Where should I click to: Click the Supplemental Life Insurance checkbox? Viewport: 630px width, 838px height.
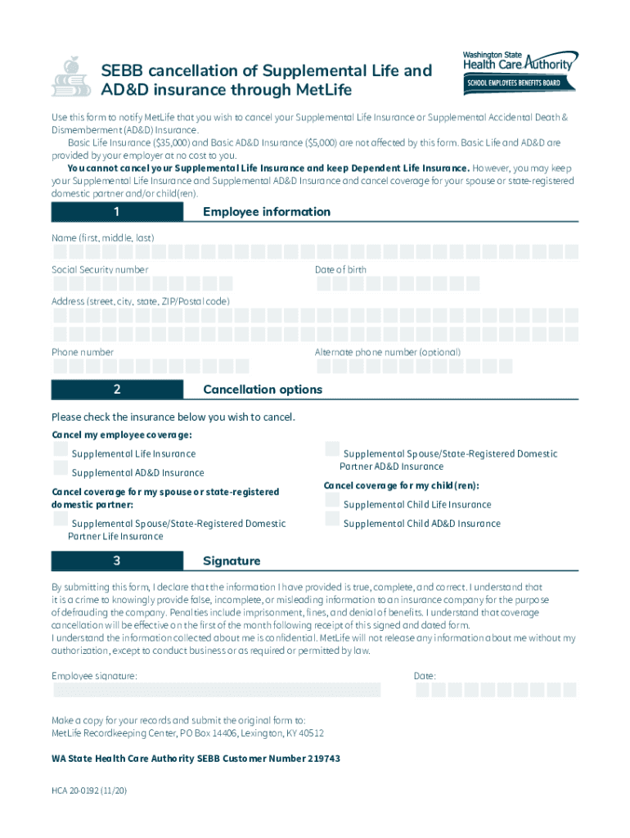point(61,450)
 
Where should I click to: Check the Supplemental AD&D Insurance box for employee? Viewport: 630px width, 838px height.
point(61,469)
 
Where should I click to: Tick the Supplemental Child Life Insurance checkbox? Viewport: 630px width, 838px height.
point(332,501)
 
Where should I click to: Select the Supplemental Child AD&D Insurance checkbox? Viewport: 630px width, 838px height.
point(332,520)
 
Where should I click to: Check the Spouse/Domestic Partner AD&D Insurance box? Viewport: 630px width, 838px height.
point(332,449)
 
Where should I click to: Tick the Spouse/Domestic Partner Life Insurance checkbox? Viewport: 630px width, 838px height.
point(61,520)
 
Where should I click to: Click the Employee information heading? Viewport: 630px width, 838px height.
point(267,213)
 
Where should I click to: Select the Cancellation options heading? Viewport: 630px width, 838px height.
point(263,390)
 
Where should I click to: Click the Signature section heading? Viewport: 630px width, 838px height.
point(232,561)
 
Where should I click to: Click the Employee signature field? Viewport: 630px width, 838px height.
point(217,691)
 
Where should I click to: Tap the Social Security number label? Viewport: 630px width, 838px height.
point(101,270)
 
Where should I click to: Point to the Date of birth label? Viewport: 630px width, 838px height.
point(340,270)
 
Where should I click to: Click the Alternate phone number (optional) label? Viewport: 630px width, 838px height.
point(387,353)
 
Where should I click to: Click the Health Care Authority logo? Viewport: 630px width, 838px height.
point(520,71)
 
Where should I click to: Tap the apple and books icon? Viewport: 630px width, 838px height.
point(71,77)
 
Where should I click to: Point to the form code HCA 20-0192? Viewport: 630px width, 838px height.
point(89,792)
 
